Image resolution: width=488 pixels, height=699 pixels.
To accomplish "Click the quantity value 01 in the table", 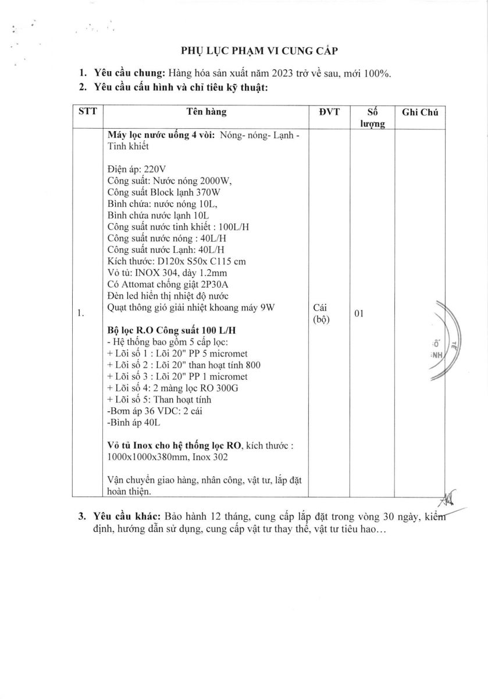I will pyautogui.click(x=358, y=314).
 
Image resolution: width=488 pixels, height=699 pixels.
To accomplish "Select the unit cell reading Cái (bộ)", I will pyautogui.click(x=322, y=314).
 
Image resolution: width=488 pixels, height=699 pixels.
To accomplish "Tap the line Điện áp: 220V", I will pyautogui.click(x=133, y=170).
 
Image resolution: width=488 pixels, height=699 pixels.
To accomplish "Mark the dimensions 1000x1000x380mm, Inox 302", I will pyautogui.click(x=164, y=457).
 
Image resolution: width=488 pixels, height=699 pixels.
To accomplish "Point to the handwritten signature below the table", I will pyautogui.click(x=448, y=499).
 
